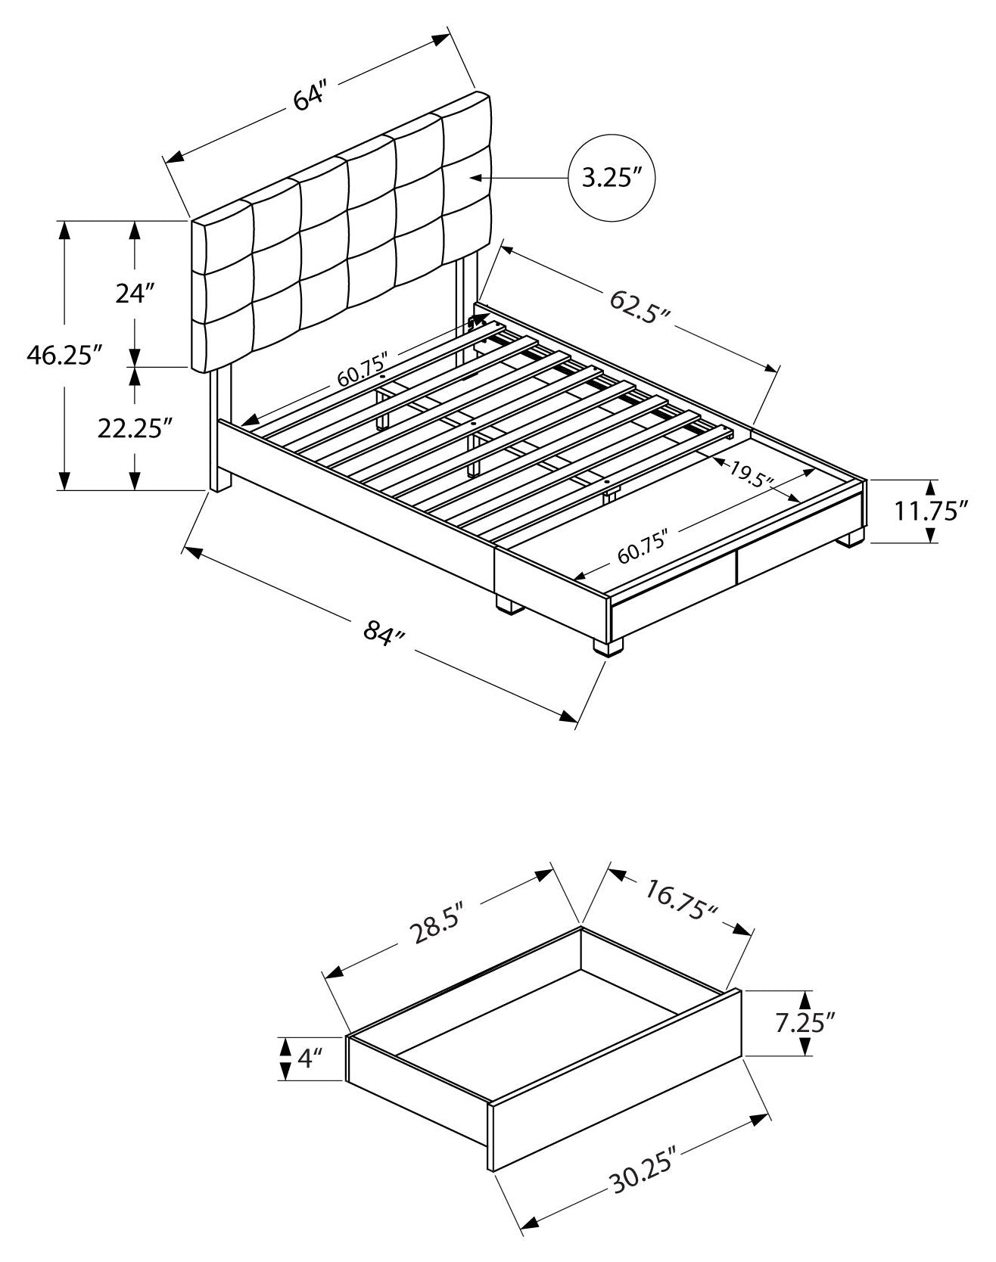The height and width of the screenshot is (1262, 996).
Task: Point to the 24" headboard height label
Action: (x=135, y=293)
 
